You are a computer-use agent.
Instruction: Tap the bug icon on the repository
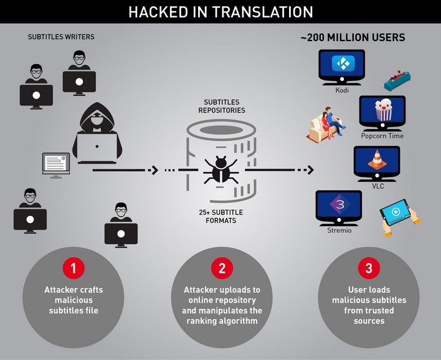220,169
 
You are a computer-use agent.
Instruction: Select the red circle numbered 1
73,268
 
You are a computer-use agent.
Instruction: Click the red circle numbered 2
222,268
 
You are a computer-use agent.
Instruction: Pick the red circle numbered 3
369,268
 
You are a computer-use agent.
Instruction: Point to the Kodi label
342,90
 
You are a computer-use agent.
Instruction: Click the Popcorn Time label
382,136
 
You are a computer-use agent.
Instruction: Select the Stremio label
339,230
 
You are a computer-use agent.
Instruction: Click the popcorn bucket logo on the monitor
383,110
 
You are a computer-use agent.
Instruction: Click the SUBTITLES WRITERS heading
61,37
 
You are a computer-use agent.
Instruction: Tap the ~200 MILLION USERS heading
353,37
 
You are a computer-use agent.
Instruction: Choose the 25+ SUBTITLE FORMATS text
220,216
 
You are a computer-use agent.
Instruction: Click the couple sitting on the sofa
327,125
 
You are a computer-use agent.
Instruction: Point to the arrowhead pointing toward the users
310,170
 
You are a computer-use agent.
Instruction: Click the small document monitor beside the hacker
56,166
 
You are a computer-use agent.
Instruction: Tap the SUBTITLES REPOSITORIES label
222,106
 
